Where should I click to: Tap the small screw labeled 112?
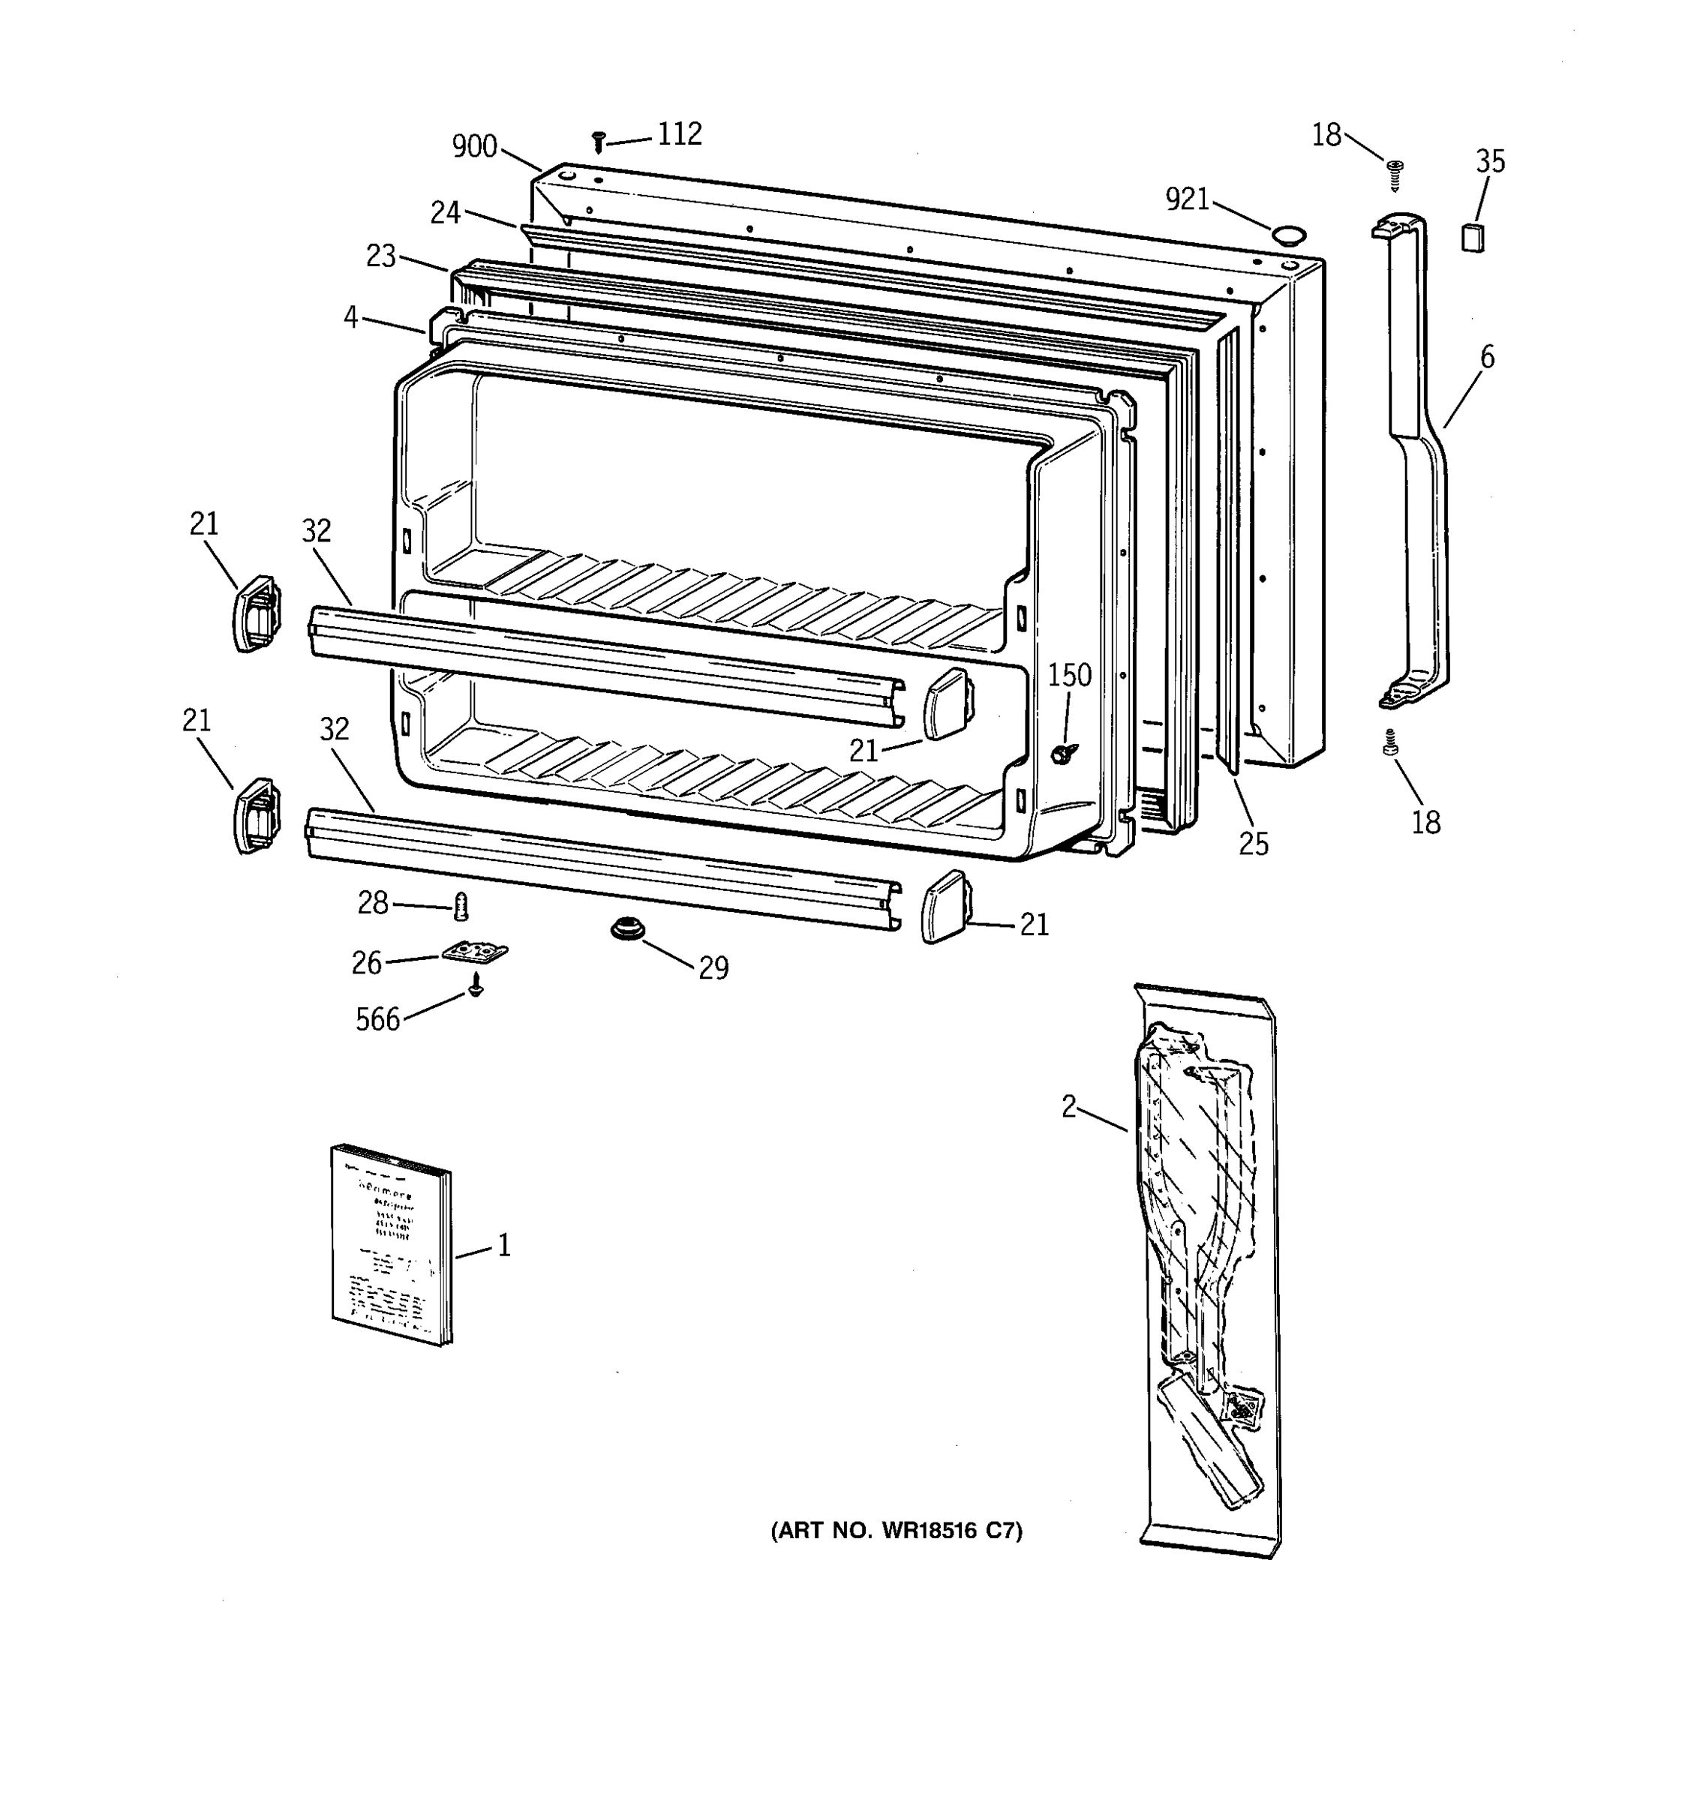(598, 141)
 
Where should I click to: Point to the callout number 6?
(1487, 358)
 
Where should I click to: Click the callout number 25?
(1254, 844)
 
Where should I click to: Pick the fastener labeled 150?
(1060, 753)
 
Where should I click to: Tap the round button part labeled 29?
(622, 929)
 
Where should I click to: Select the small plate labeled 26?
(475, 952)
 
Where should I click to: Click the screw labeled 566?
(475, 987)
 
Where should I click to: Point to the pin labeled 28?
(462, 904)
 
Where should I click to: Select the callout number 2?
(1070, 1106)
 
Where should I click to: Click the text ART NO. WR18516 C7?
(897, 1530)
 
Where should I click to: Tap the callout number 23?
(380, 256)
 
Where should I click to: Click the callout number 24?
(446, 213)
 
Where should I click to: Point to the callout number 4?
(350, 318)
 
